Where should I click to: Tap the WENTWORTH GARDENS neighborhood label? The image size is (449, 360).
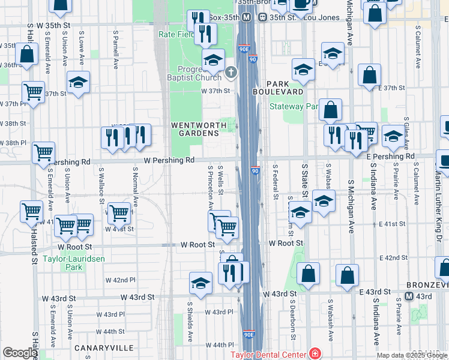pyautogui.click(x=199, y=129)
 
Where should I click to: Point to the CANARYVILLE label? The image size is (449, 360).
pyautogui.click(x=98, y=348)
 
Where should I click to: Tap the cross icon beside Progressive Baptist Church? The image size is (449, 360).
pyautogui.click(x=231, y=73)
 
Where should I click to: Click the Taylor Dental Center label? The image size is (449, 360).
pyautogui.click(x=269, y=355)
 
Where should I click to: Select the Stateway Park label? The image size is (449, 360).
pyautogui.click(x=294, y=107)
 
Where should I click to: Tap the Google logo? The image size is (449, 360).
pyautogui.click(x=20, y=353)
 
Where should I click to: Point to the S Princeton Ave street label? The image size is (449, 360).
pyautogui.click(x=211, y=188)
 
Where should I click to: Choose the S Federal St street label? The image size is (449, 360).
pyautogui.click(x=276, y=182)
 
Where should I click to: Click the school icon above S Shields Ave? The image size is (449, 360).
pyautogui.click(x=200, y=282)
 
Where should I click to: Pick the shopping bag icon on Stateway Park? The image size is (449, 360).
pyautogui.click(x=330, y=110)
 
